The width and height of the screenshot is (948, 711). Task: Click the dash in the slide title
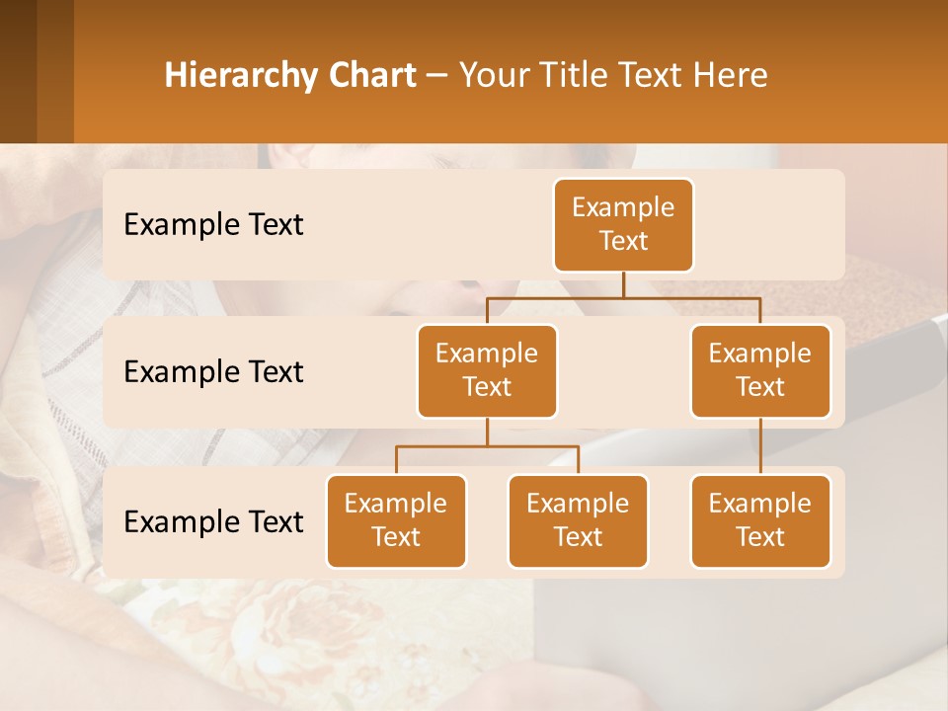(437, 76)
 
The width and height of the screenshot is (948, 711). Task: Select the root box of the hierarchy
(623, 225)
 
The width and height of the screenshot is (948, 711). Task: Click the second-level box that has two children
(487, 371)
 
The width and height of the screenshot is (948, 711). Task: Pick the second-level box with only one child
(760, 371)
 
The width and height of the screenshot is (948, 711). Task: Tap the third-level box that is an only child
(760, 521)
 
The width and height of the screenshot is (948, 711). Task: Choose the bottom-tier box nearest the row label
(396, 521)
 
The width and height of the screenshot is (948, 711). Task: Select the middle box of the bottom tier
(578, 521)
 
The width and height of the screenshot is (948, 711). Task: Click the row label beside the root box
(213, 225)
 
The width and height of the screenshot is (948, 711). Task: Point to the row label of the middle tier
(213, 372)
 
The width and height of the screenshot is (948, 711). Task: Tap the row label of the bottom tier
(213, 522)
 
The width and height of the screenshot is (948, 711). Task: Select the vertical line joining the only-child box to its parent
(760, 446)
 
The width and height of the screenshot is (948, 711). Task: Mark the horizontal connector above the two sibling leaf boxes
(487, 446)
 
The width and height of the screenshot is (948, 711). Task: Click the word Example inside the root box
(623, 208)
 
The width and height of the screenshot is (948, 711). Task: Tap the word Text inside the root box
(623, 242)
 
